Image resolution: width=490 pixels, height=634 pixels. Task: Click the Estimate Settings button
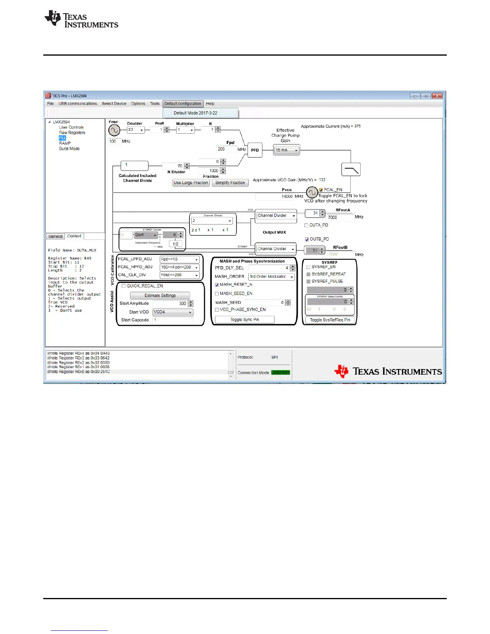point(160,295)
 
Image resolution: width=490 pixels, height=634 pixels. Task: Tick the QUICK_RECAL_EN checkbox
point(124,286)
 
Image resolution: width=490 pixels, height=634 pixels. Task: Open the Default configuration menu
point(183,104)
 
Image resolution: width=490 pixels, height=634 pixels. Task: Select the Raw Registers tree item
point(72,132)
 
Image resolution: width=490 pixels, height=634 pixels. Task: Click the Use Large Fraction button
point(191,183)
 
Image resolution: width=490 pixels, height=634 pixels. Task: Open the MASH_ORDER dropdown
point(271,277)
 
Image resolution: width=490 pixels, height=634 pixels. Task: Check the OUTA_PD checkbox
point(307,225)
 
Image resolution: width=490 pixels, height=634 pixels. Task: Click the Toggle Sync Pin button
point(245,319)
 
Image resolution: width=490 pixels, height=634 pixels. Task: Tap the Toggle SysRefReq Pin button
point(330,320)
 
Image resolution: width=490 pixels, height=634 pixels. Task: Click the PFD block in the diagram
point(255,150)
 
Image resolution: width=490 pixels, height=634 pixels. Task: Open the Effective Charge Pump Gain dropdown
point(287,150)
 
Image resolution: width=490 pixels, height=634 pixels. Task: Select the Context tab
point(74,236)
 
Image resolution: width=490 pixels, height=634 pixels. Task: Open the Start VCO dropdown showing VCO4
point(173,312)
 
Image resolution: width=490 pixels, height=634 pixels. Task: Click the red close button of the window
point(437,96)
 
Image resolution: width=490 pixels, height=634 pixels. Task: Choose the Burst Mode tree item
point(69,148)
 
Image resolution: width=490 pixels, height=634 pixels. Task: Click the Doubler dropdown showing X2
point(136,130)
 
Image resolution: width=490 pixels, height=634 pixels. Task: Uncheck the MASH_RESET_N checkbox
point(217,285)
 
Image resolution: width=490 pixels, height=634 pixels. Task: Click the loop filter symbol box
point(351,170)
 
